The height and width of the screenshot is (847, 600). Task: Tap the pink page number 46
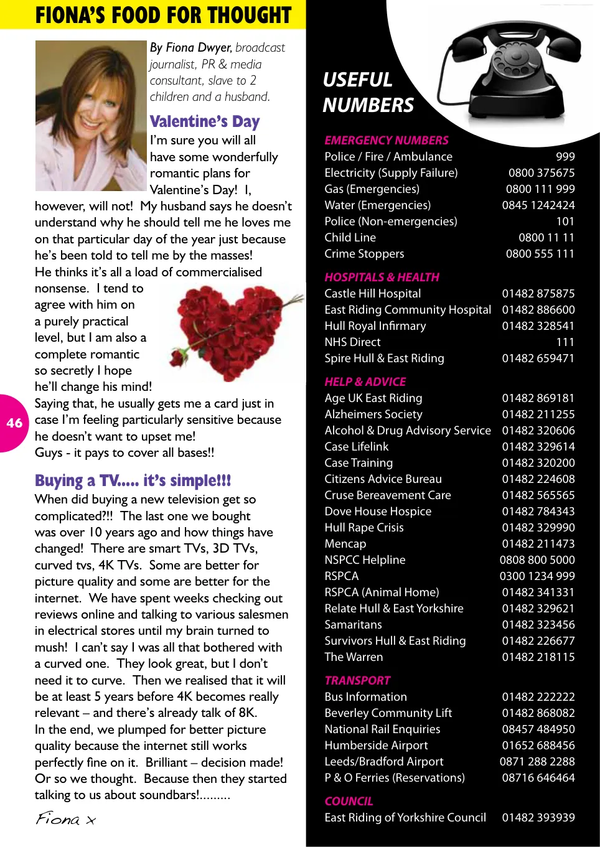tap(14, 423)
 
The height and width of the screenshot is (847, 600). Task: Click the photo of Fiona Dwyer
tap(91, 116)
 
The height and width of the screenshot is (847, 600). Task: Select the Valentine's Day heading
tap(205, 121)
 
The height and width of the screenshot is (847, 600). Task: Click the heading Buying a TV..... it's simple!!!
tap(133, 480)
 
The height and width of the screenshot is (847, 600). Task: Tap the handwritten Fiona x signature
tap(65, 818)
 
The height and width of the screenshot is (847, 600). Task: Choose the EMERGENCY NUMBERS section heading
tap(386, 141)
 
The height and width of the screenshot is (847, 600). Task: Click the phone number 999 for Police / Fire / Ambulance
tap(565, 157)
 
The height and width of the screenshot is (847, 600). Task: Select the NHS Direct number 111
tap(565, 342)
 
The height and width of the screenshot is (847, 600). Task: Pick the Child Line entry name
tap(350, 238)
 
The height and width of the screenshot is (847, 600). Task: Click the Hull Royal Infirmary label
tap(375, 326)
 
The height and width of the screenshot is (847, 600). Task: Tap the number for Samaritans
tap(538, 625)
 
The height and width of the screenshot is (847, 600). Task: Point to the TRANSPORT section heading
tap(357, 681)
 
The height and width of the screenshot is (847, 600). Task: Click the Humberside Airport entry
tap(376, 746)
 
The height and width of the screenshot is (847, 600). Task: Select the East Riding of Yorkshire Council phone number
tap(538, 818)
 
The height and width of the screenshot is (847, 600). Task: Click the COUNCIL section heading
tap(349, 802)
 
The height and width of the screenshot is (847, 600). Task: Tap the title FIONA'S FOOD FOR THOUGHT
tap(163, 15)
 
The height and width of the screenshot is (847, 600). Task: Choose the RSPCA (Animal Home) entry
tap(382, 592)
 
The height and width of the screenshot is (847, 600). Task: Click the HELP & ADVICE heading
tap(365, 382)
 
